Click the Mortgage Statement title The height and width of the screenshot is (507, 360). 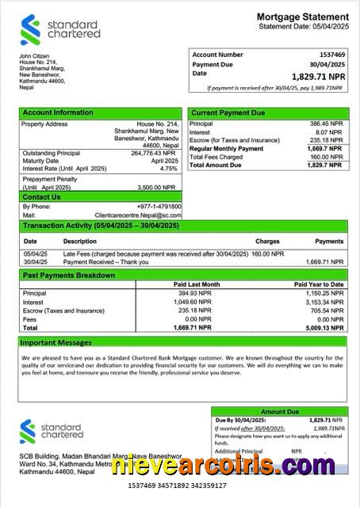tap(302, 17)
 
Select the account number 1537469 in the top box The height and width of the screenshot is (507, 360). tap(331, 54)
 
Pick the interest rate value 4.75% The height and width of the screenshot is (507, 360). tap(168, 169)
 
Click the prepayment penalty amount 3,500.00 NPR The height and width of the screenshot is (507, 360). tap(158, 187)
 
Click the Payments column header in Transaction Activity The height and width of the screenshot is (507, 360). tap(329, 240)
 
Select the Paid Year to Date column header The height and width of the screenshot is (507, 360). tap(319, 284)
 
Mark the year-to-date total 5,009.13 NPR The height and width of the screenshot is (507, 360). tap(322, 326)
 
